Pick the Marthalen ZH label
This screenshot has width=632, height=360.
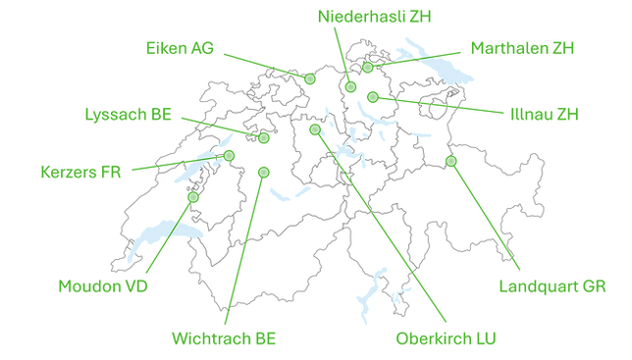tap(522, 47)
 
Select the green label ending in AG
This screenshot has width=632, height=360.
tap(179, 45)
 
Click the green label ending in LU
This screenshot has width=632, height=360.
tap(447, 339)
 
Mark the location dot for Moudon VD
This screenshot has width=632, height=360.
tap(192, 198)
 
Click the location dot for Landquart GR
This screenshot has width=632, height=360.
tap(450, 161)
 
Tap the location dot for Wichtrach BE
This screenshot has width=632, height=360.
tap(262, 172)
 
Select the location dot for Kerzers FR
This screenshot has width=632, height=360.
tap(230, 156)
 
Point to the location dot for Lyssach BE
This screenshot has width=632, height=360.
tap(265, 138)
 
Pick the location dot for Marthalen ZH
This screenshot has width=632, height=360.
tap(368, 68)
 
